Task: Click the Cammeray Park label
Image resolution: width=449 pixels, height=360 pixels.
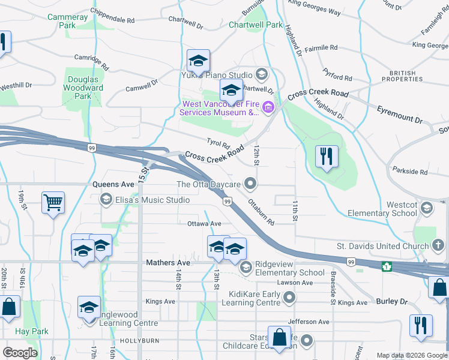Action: pos(67,22)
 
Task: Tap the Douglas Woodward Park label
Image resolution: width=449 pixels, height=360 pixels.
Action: pos(83,88)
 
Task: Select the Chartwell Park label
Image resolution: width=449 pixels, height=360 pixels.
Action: pos(255,25)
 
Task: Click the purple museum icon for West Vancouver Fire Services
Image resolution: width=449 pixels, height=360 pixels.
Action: pos(268,108)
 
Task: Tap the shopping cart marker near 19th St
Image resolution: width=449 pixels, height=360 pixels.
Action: pos(53,203)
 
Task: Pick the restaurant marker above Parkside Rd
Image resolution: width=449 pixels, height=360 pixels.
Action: pos(327,157)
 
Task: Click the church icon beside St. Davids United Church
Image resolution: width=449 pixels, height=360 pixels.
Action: pos(439,245)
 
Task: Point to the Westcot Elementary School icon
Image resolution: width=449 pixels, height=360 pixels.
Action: pos(427,208)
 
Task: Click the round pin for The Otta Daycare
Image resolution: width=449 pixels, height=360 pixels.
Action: pos(251,184)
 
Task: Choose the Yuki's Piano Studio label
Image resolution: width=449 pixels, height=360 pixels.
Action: pos(217,75)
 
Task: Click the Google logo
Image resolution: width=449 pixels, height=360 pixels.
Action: pos(20,353)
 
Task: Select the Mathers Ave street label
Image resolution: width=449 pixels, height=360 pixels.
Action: pos(168,263)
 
